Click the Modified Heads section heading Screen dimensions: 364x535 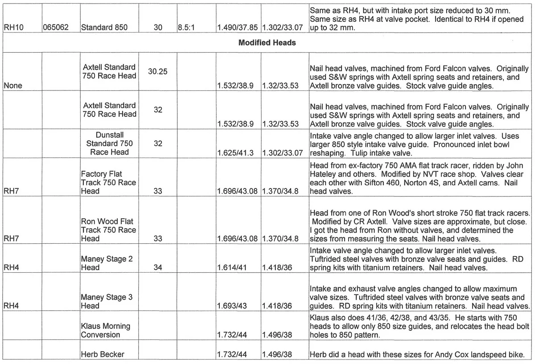(x=267, y=43)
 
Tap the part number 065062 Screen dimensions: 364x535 (x=56, y=28)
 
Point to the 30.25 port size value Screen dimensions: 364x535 (x=158, y=71)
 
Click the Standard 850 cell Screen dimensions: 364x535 (x=104, y=28)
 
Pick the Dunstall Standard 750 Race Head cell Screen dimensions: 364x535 (x=109, y=143)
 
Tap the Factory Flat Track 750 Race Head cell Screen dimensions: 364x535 (x=108, y=183)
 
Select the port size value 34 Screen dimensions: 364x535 (x=158, y=268)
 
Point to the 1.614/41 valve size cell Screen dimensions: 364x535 (x=232, y=268)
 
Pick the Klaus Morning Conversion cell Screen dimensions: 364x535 (x=105, y=330)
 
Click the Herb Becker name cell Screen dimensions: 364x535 (x=103, y=355)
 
